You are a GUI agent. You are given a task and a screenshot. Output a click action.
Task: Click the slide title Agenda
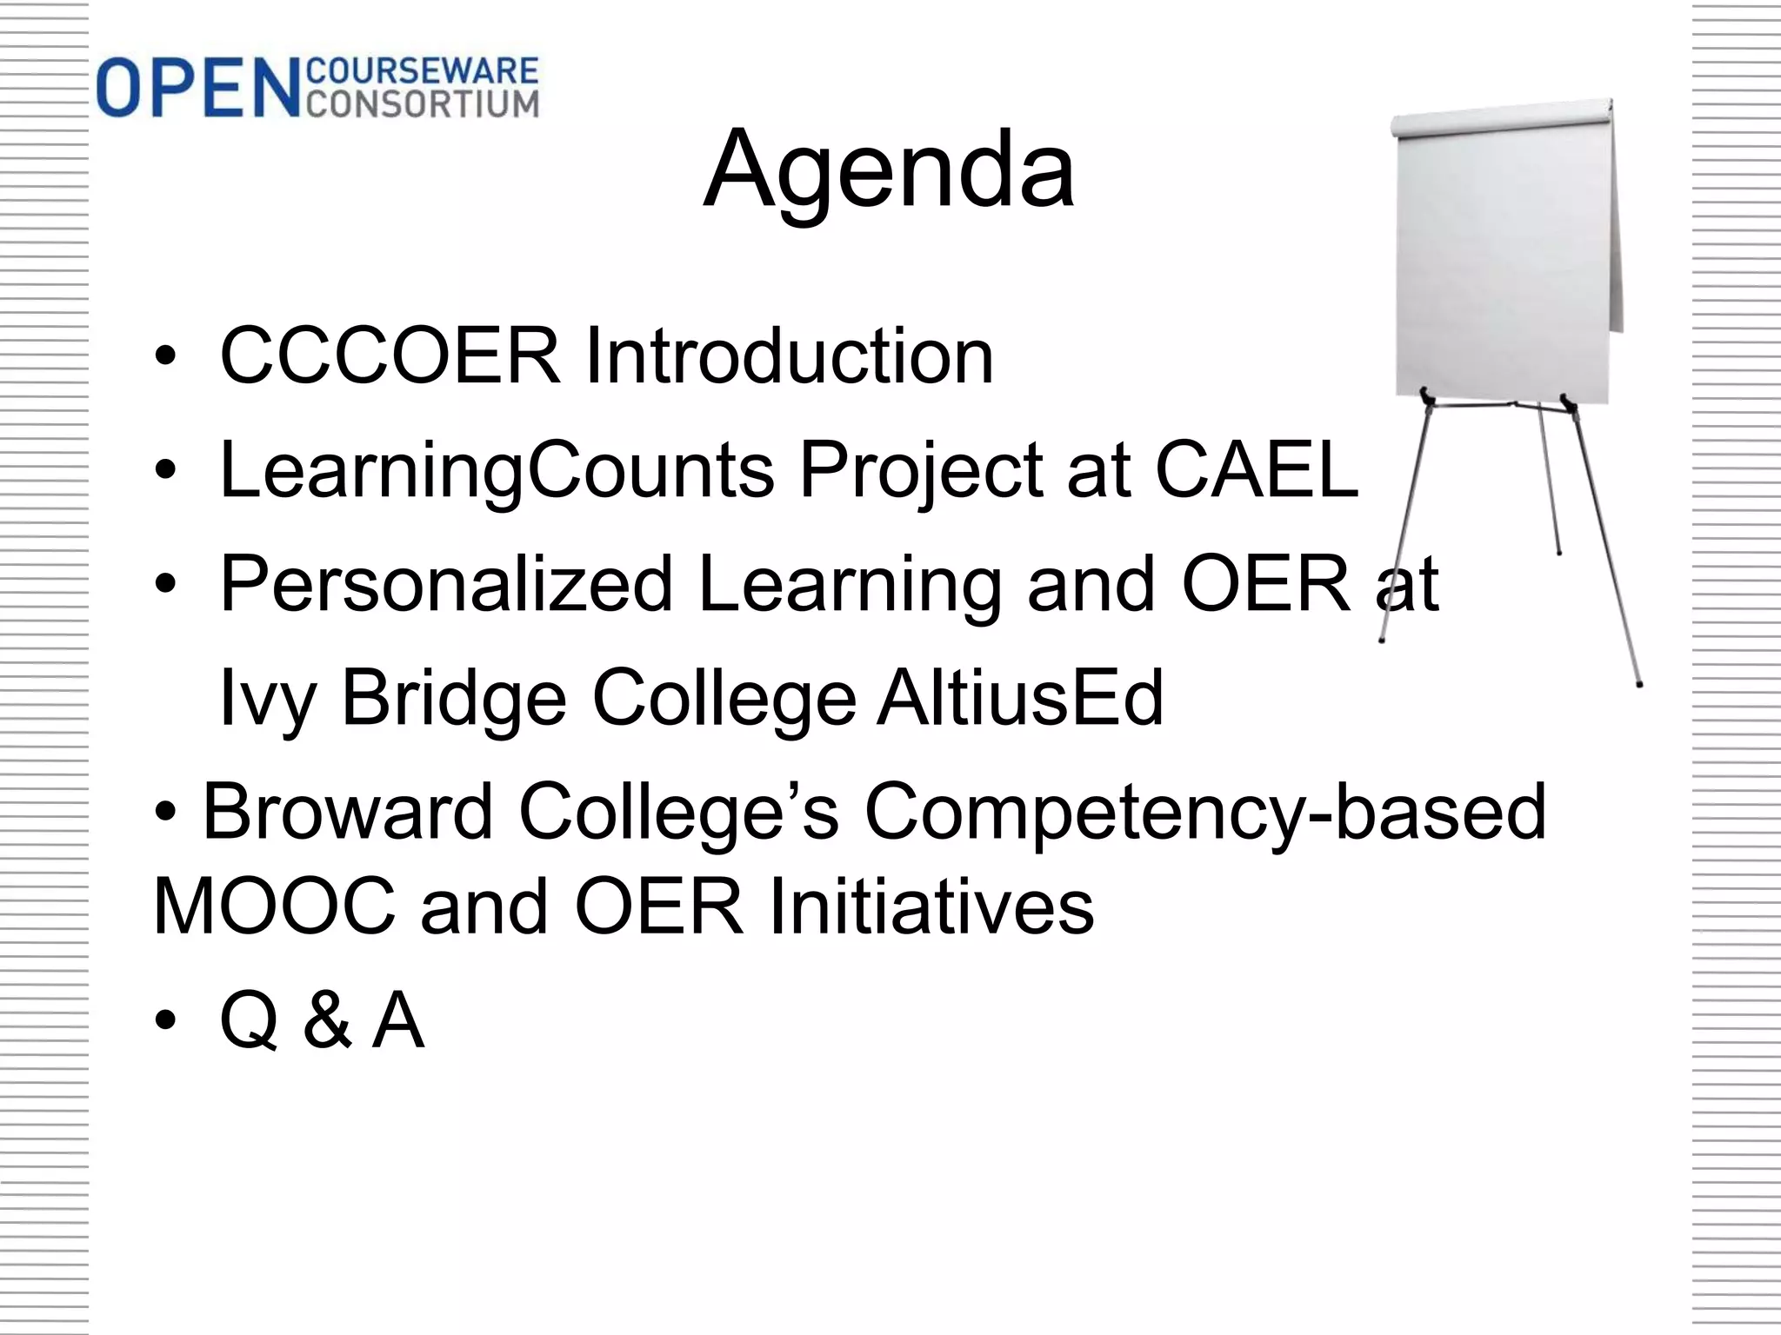[x=889, y=170]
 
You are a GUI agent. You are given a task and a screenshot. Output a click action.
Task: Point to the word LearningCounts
[x=497, y=471]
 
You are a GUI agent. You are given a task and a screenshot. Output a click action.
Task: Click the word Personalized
[x=447, y=586]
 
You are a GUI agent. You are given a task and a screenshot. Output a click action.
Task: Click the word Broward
[x=348, y=812]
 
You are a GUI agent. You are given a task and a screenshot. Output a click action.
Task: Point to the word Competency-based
[x=1205, y=814]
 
